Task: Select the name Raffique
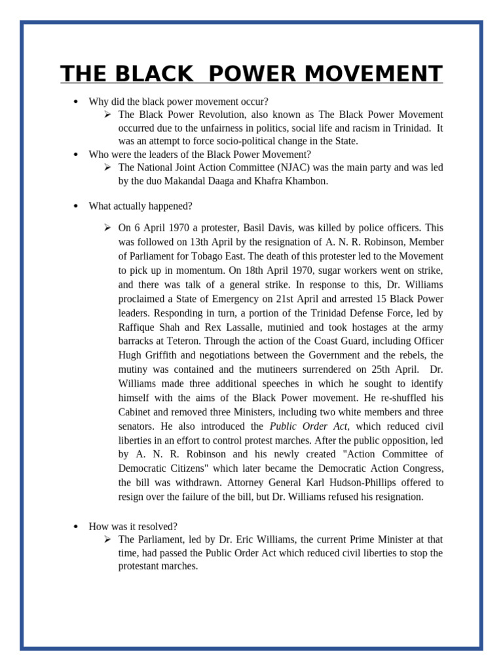click(137, 328)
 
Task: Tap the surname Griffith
click(164, 355)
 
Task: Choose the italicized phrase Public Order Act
click(308, 427)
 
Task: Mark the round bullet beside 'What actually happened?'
click(76, 206)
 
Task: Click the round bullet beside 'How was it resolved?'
click(76, 527)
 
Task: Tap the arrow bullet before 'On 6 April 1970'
click(107, 227)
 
